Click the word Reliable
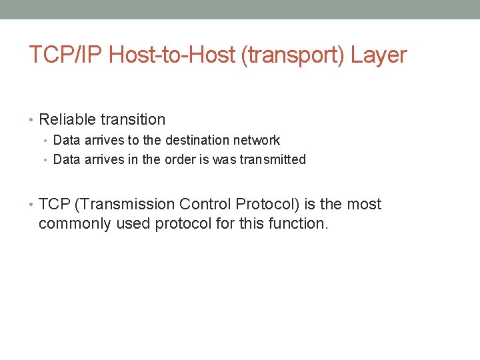[67, 120]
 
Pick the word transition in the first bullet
[133, 120]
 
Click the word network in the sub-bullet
[257, 141]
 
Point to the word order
[179, 160]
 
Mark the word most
[365, 204]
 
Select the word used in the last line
[133, 223]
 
